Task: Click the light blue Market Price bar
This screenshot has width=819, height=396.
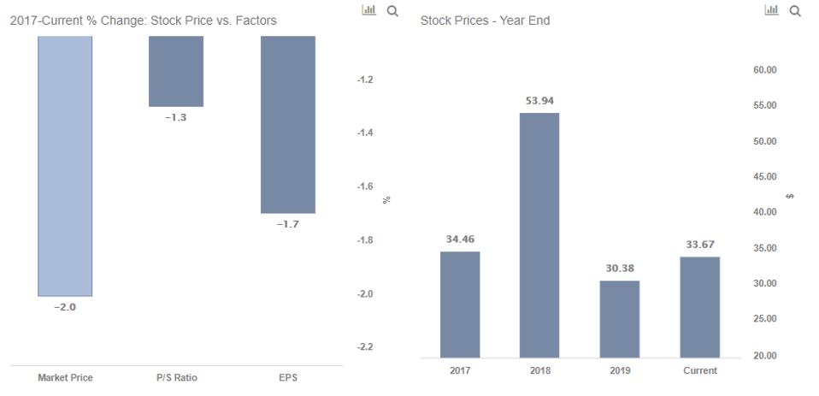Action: click(x=65, y=166)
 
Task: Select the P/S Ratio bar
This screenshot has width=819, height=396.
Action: click(x=176, y=71)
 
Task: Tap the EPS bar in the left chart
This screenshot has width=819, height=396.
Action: click(x=288, y=124)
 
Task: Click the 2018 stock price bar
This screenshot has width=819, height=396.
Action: click(x=539, y=235)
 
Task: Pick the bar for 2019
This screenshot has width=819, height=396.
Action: click(x=619, y=319)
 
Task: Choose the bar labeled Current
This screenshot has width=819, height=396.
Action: click(x=699, y=307)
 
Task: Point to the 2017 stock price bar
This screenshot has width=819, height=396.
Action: click(x=460, y=304)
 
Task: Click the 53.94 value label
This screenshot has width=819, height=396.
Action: click(x=539, y=101)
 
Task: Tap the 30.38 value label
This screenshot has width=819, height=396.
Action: click(x=619, y=269)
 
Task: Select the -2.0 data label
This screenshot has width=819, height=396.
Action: click(x=65, y=308)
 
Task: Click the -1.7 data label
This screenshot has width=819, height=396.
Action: click(x=288, y=224)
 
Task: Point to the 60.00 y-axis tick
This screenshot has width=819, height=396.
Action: click(x=765, y=70)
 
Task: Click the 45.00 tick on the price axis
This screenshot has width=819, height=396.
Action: click(x=765, y=177)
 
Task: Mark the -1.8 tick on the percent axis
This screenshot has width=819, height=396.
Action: click(x=365, y=240)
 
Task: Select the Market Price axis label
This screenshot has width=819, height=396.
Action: click(x=65, y=378)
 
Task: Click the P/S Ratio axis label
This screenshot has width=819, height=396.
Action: click(x=176, y=378)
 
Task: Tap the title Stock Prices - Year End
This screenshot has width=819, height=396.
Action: click(x=485, y=21)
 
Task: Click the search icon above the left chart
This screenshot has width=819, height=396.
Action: click(x=392, y=10)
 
